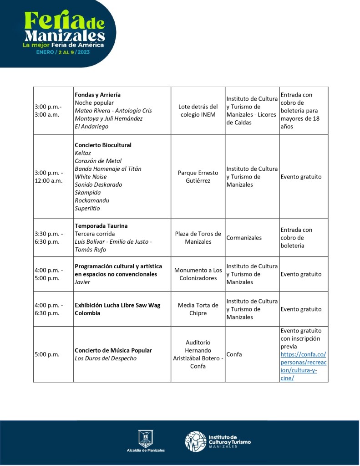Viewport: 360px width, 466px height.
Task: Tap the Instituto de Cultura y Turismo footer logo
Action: tap(218, 441)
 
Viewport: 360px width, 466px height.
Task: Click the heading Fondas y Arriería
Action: tap(97, 95)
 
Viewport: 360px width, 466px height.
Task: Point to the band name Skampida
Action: tap(88, 193)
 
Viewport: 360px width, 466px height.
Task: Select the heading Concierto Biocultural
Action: tap(103, 145)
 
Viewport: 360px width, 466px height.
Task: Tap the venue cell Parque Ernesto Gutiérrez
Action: tap(198, 177)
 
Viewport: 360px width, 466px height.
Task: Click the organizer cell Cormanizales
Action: tap(244, 238)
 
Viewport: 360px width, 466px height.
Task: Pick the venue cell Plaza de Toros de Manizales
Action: tap(198, 238)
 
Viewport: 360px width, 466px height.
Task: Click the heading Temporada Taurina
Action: tap(101, 226)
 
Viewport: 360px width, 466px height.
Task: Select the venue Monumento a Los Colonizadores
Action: tap(198, 274)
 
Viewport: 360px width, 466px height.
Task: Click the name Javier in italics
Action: tap(82, 282)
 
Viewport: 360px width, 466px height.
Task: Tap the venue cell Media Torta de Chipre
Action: tap(198, 309)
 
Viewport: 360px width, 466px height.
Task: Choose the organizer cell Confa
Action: tap(234, 354)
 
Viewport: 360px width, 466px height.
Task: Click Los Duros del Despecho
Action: tap(105, 358)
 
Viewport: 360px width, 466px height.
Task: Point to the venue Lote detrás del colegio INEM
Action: tap(198, 111)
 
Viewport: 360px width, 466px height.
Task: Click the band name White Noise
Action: tap(91, 177)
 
